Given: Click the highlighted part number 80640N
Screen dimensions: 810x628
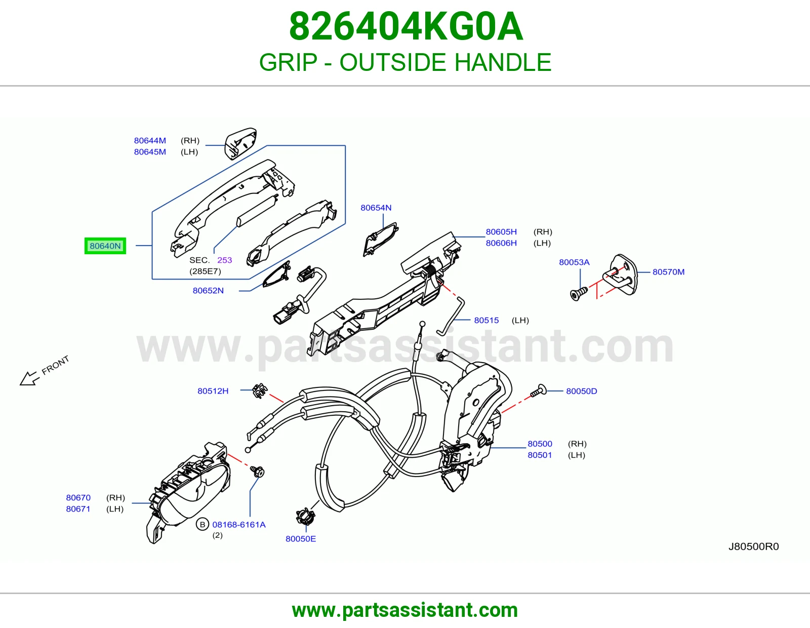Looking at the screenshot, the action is (105, 246).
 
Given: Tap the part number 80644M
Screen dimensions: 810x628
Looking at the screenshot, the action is (150, 141).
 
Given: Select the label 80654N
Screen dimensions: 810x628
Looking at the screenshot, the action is (376, 208).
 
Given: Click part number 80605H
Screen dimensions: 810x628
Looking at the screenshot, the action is (501, 231).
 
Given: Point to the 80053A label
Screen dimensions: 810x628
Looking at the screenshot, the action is (574, 262).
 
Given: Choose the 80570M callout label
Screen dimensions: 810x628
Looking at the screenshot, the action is (668, 272).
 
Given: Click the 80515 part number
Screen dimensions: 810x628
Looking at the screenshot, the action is (486, 320).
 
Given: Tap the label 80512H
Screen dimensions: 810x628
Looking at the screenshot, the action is (213, 391).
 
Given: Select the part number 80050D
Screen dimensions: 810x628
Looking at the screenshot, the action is (582, 391).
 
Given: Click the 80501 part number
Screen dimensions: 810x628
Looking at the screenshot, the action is (539, 455).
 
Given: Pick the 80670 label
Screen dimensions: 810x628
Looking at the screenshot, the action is (78, 497).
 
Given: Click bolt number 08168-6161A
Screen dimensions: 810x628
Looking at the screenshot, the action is (239, 524).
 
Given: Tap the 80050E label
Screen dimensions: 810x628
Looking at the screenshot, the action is (300, 538).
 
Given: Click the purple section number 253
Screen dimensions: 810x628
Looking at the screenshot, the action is (224, 260).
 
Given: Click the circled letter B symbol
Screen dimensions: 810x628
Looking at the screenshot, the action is (202, 524).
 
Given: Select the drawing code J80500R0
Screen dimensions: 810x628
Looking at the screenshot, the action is (753, 546).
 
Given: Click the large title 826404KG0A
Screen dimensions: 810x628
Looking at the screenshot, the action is (406, 26).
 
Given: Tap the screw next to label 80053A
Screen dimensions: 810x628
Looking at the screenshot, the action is (579, 294).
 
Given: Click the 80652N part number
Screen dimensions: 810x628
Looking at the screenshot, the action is (208, 291).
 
